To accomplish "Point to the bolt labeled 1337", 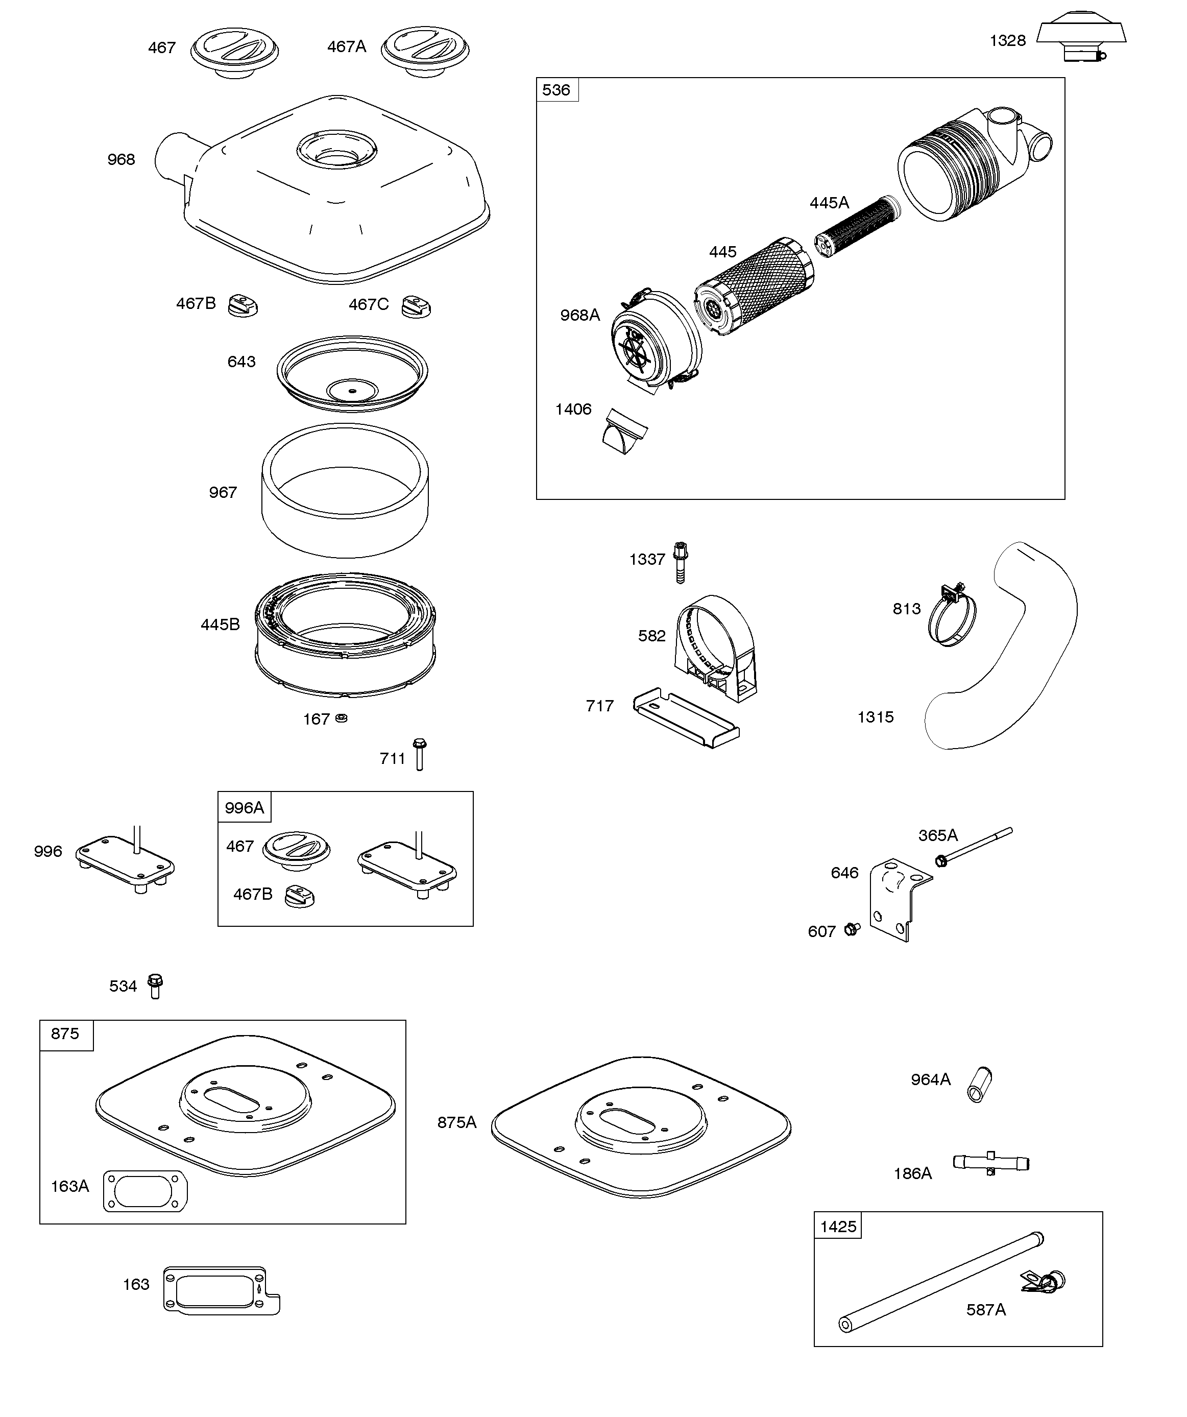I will [680, 562].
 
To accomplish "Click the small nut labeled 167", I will [342, 718].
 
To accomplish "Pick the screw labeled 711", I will [419, 754].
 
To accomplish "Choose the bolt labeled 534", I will [155, 986].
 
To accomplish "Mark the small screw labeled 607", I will [852, 929].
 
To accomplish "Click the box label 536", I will [556, 90].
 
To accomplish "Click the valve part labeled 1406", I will [624, 430].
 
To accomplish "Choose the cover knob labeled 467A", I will [425, 51].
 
